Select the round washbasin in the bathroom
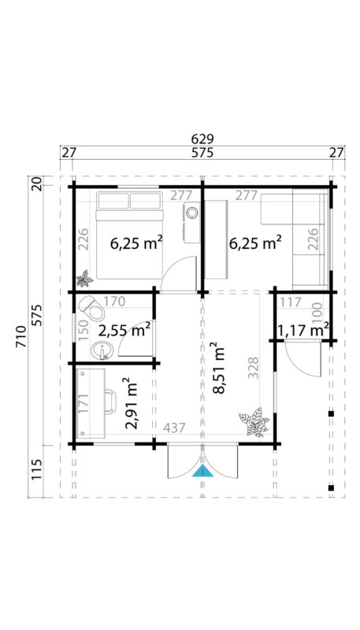coord(100,350)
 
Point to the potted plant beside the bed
coord(84,278)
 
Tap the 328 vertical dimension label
coord(254,368)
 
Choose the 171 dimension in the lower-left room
coord(84,401)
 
